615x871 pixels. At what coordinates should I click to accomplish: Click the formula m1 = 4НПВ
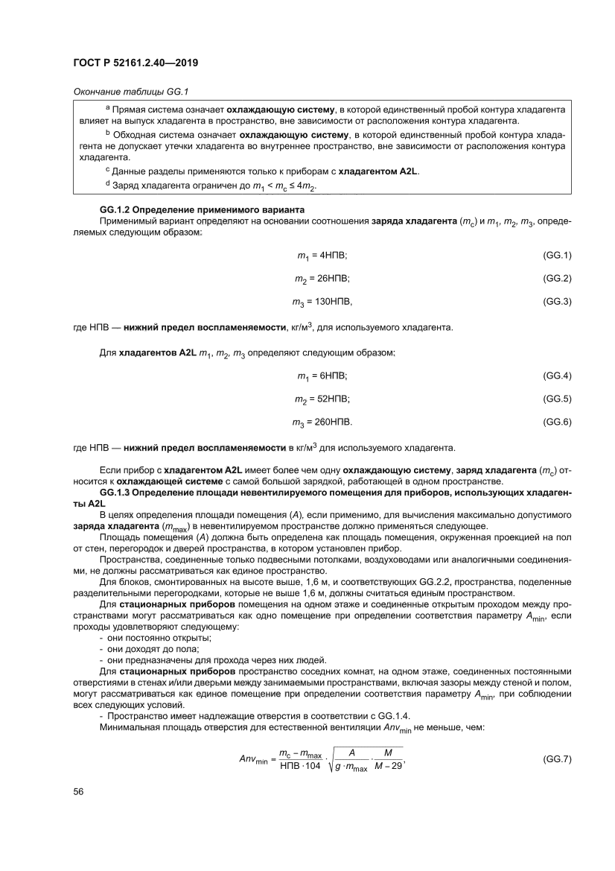pos(322,256)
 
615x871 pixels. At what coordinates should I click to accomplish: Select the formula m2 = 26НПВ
pos(322,279)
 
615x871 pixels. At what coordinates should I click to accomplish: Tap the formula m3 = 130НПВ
pos(322,302)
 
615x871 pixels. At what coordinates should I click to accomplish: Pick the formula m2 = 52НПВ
pos(322,399)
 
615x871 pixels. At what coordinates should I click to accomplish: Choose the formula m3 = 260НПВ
pos(322,422)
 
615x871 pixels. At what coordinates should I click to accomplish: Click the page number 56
pos(78,792)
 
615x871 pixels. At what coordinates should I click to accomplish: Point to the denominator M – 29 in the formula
pos(388,767)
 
